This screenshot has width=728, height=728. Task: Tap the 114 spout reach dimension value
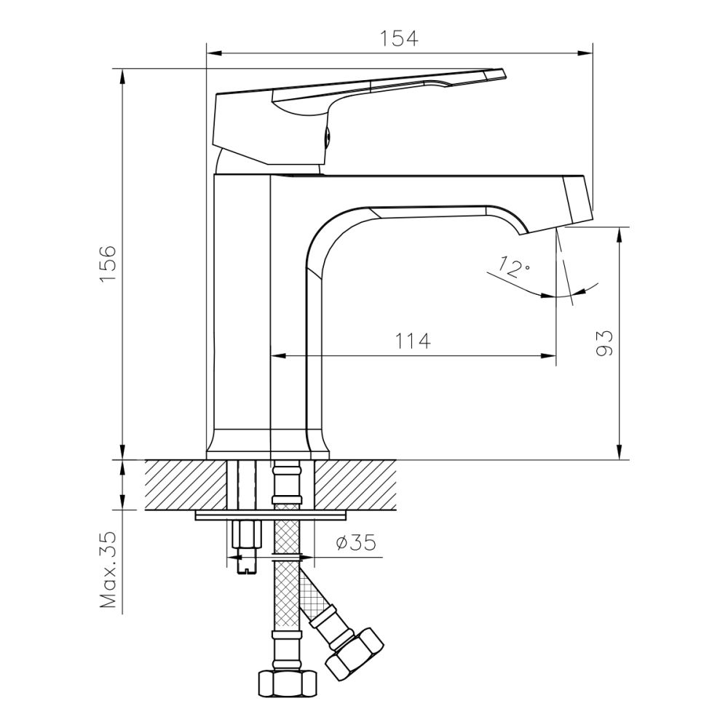click(413, 340)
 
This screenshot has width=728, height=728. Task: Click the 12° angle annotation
click(515, 267)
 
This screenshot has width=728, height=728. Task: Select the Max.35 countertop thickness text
click(108, 570)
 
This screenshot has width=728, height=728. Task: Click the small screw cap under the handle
click(328, 136)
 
